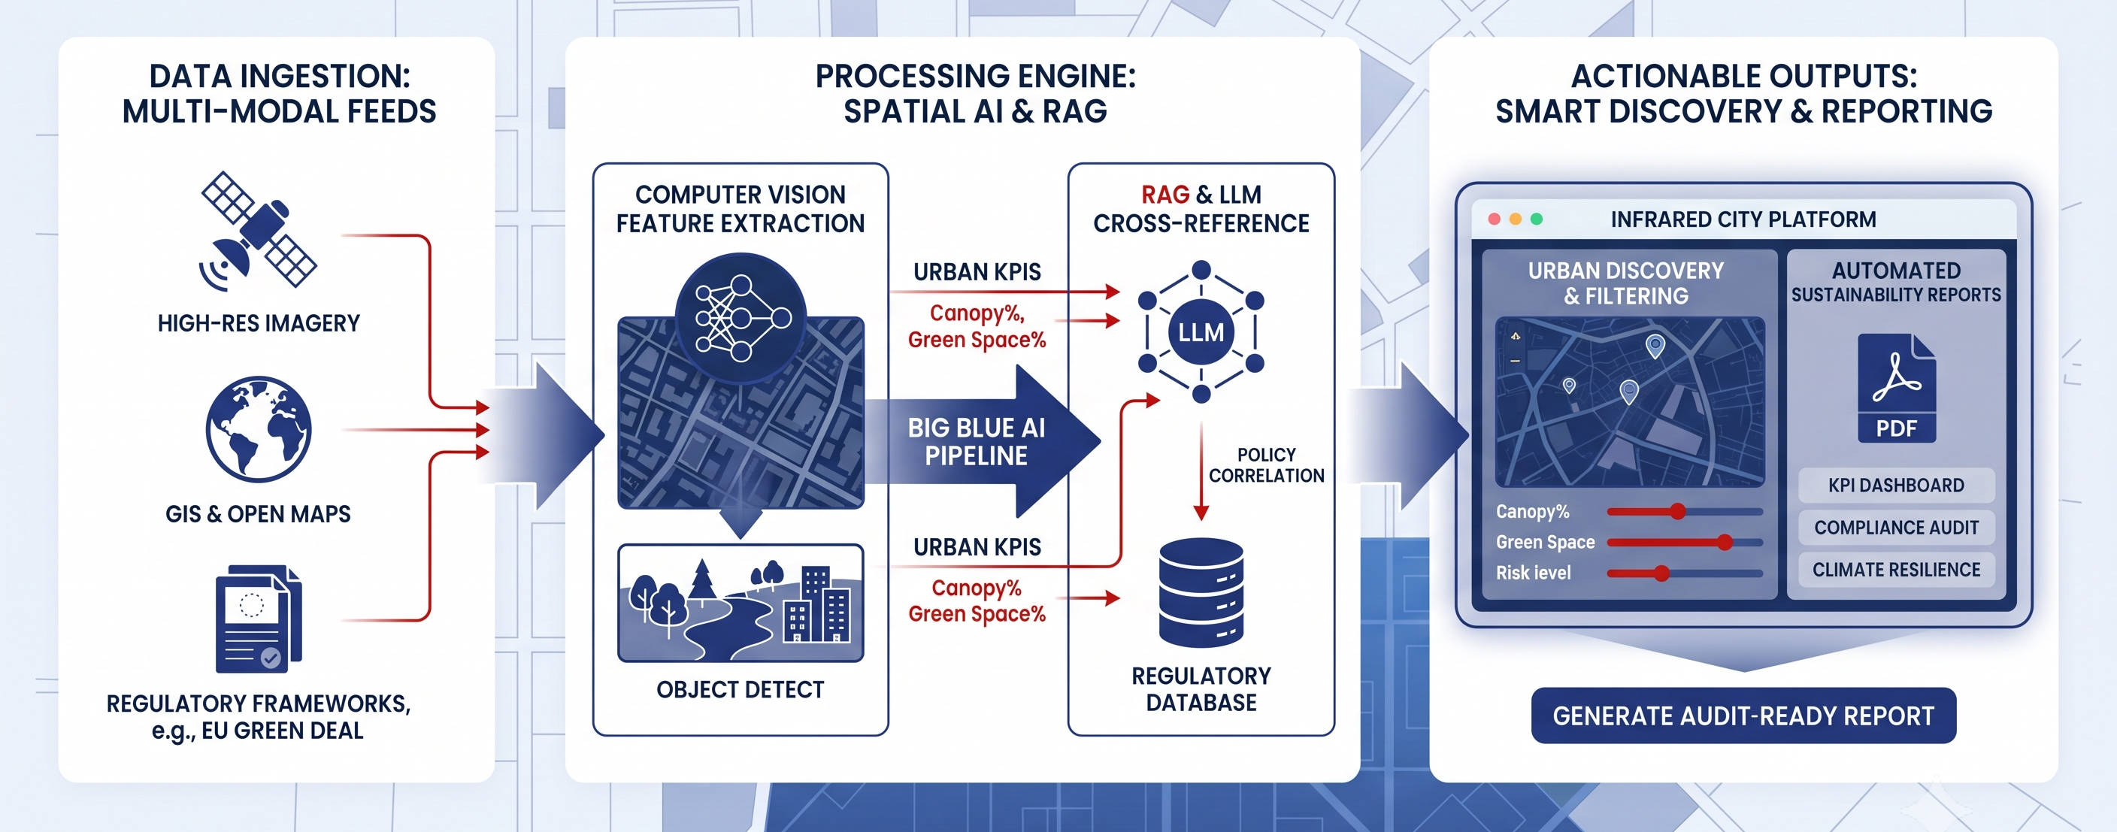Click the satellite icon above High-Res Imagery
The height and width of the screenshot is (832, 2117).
258,231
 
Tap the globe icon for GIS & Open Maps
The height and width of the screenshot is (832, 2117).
259,428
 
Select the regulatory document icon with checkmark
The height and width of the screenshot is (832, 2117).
258,619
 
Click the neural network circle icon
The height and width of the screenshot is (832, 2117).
740,318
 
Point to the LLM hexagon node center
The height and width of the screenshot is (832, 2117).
1201,331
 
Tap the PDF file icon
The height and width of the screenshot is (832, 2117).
1896,389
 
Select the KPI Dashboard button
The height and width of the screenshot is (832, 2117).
1896,486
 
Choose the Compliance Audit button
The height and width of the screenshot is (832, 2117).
1896,528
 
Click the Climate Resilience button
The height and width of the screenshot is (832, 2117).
1896,569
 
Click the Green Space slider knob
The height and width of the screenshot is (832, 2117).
1724,542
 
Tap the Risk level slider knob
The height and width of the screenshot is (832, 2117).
1661,573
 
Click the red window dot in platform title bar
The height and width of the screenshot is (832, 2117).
1494,219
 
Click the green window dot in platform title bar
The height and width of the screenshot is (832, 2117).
1536,219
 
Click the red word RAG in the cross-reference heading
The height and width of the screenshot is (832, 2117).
1165,195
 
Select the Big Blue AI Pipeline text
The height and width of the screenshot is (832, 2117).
977,442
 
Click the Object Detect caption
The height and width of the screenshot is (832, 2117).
740,690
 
